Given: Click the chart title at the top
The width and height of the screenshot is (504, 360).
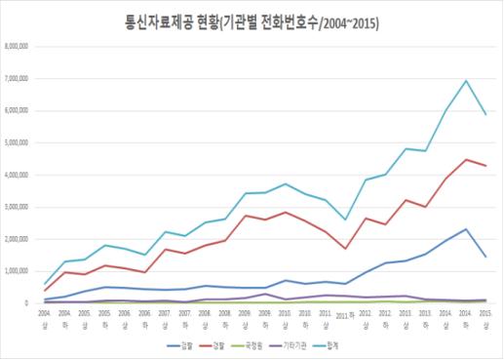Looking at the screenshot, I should click(252, 21).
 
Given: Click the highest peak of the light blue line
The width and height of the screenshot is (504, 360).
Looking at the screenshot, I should click(466, 81).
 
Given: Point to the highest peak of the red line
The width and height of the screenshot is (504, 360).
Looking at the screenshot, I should click(466, 159).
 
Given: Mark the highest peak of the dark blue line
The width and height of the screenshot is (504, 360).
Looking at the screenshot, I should click(466, 229).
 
